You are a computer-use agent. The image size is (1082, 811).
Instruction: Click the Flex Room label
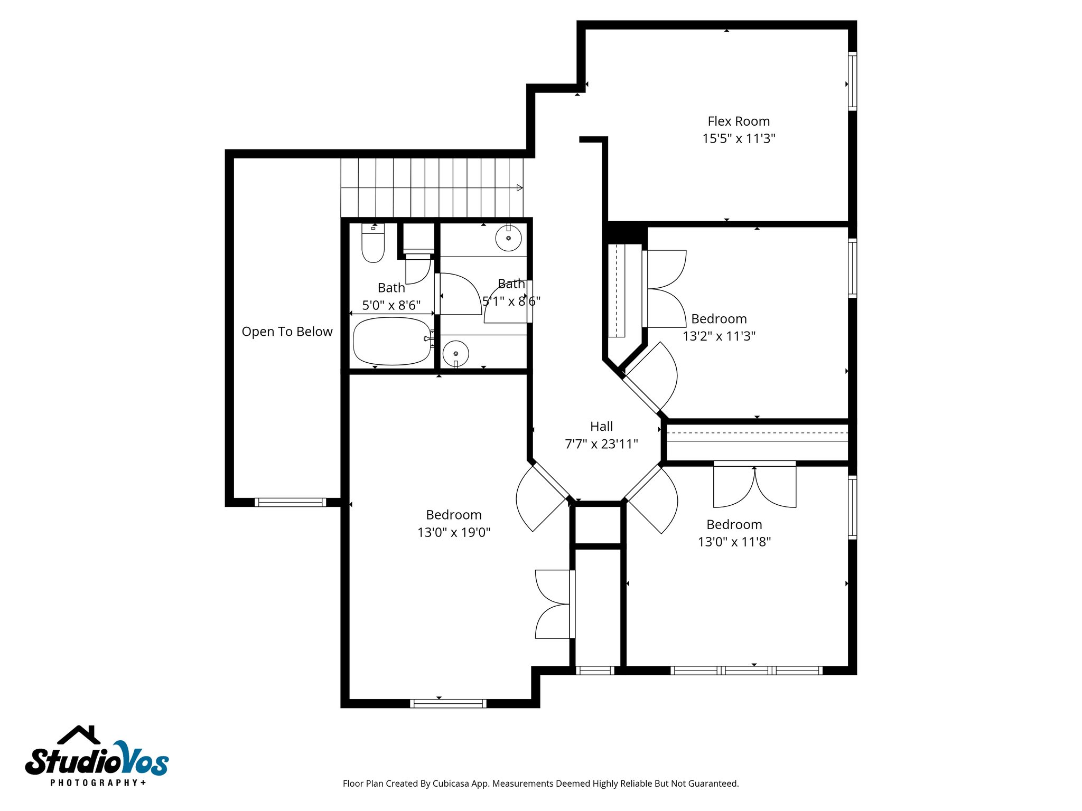(738, 121)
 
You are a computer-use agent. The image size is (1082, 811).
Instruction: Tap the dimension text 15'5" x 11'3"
(738, 139)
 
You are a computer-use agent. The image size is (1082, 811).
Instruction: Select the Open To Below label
(287, 332)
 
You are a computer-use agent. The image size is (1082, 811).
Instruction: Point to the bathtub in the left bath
(392, 341)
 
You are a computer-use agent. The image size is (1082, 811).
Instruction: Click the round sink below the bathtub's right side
(455, 353)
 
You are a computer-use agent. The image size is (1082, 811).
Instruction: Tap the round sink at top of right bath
(508, 238)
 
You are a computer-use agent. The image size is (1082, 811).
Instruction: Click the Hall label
(601, 427)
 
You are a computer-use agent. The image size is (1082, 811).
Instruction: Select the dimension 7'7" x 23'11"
(601, 444)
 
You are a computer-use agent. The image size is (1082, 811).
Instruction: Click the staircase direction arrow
(519, 187)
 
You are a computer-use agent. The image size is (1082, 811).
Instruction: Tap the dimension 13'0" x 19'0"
(454, 532)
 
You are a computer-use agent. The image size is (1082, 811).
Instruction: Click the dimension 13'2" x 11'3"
(719, 336)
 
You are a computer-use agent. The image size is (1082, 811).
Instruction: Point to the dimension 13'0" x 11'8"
(734, 542)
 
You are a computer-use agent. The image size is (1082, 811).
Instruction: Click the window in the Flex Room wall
(852, 81)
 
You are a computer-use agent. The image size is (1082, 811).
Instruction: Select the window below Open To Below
(290, 502)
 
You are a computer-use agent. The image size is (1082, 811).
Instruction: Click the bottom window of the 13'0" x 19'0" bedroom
(448, 703)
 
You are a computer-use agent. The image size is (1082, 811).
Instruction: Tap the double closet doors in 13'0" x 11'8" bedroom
(754, 486)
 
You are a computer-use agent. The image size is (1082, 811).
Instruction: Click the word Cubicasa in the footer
(451, 784)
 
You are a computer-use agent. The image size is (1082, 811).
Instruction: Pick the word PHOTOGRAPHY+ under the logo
(98, 782)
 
